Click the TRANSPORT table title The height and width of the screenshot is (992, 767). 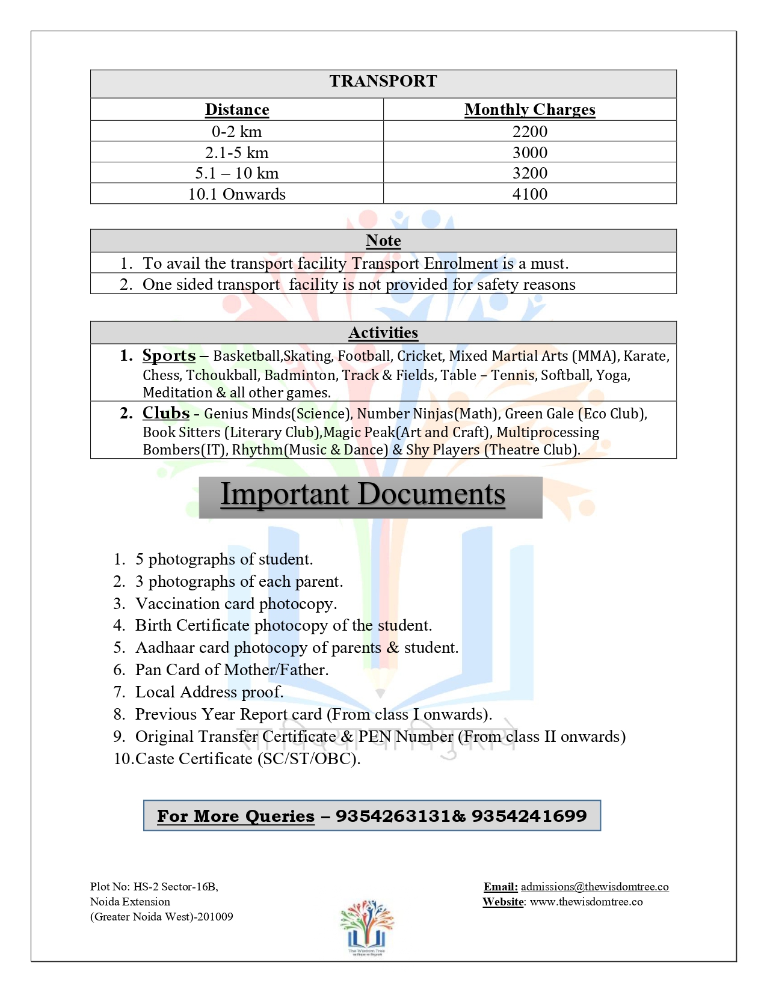tap(383, 81)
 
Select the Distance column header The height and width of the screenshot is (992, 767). tap(237, 109)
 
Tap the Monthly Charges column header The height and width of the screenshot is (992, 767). tap(529, 109)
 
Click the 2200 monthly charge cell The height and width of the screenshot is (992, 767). tap(529, 132)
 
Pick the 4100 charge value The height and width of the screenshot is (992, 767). tap(529, 194)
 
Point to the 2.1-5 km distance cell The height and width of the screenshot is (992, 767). tap(237, 153)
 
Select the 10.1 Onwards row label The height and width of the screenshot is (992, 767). tap(237, 194)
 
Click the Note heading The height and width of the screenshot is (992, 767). tap(383, 240)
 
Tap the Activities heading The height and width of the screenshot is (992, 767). tap(383, 332)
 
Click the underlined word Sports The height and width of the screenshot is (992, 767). tap(169, 355)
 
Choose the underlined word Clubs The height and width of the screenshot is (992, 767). tap(166, 413)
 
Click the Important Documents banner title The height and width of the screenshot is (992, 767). tap(363, 494)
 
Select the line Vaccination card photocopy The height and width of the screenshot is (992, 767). tap(236, 604)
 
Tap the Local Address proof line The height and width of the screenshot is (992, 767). tap(209, 692)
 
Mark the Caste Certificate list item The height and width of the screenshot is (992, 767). tap(247, 759)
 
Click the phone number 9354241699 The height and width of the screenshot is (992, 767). tap(529, 816)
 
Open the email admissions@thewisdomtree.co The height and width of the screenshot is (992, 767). tap(594, 887)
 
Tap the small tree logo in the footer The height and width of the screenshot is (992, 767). tap(367, 926)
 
